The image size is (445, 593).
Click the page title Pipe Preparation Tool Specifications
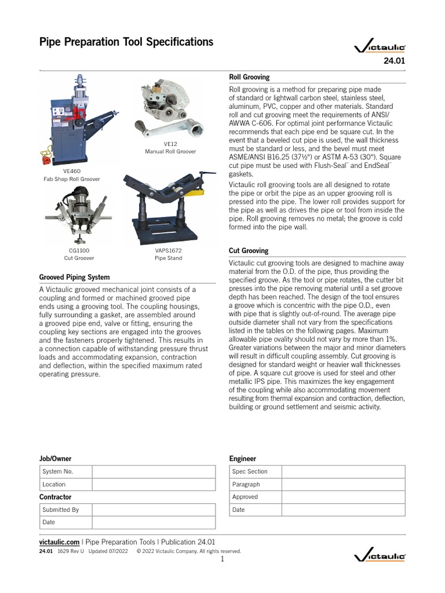coord(126,42)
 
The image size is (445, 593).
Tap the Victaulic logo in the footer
coord(380,557)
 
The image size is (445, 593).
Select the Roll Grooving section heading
coord(249,77)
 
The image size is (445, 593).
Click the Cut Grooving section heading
coord(249,251)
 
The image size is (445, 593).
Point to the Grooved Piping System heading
coord(74,277)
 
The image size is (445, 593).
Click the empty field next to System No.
coord(154,471)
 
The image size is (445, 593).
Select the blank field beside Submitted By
coord(154,510)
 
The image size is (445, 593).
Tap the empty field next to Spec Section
coord(344,471)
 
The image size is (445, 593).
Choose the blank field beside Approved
coord(344,497)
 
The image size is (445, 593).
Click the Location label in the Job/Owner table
coord(54,484)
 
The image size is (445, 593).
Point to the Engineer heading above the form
coord(243,459)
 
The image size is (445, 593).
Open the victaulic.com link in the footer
coord(59,541)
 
